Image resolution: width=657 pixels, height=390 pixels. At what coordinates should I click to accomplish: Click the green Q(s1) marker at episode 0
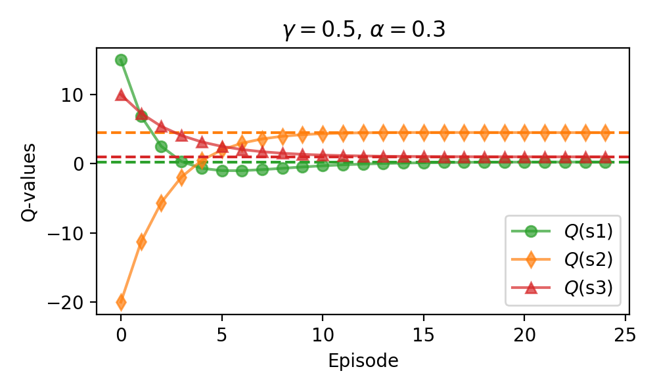tap(121, 60)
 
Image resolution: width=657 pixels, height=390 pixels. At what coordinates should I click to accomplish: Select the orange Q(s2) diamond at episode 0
tap(121, 302)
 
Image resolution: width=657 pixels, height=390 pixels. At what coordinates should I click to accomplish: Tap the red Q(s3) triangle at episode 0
tap(121, 95)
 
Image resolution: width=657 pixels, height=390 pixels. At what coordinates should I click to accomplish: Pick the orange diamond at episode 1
tap(141, 242)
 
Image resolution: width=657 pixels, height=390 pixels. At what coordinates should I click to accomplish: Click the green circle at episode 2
tap(162, 146)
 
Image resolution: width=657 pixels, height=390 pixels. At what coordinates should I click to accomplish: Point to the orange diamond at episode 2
tap(162, 203)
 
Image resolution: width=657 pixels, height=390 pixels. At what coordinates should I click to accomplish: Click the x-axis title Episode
tap(363, 361)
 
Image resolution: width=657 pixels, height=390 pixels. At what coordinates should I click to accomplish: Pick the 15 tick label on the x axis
tap(424, 336)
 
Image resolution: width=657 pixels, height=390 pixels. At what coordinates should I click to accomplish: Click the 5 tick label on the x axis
tap(222, 336)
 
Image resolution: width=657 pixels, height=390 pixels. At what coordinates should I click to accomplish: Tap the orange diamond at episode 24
tap(605, 133)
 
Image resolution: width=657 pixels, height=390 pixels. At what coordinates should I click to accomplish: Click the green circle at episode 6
tap(242, 171)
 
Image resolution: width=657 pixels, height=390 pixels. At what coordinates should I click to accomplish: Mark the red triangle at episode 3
tap(182, 135)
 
